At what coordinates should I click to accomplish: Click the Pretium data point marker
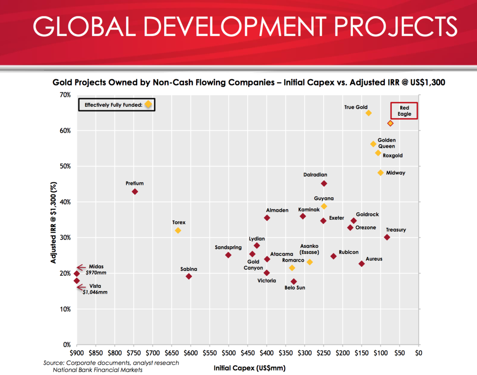click(135, 192)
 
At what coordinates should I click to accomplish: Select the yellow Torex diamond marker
click(178, 230)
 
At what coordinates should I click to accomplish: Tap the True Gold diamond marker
click(368, 113)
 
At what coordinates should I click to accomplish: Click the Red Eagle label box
click(404, 111)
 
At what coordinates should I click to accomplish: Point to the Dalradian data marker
click(324, 183)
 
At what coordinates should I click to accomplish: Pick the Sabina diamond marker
click(189, 276)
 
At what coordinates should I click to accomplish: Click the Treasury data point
click(387, 237)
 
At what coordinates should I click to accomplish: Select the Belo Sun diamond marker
click(294, 282)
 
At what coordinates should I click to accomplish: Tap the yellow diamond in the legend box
click(148, 104)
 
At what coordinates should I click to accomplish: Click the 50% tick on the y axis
click(65, 166)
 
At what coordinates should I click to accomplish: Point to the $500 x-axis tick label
click(229, 353)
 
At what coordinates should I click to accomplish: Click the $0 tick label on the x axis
click(418, 353)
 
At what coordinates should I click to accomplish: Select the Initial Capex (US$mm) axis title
click(249, 368)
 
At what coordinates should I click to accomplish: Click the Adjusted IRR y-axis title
click(53, 223)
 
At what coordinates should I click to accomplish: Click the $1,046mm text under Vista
click(95, 292)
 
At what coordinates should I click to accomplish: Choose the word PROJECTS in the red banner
click(396, 27)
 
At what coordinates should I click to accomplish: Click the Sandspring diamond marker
click(228, 255)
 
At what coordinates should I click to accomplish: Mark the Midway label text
click(395, 173)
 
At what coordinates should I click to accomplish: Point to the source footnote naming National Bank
click(97, 370)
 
